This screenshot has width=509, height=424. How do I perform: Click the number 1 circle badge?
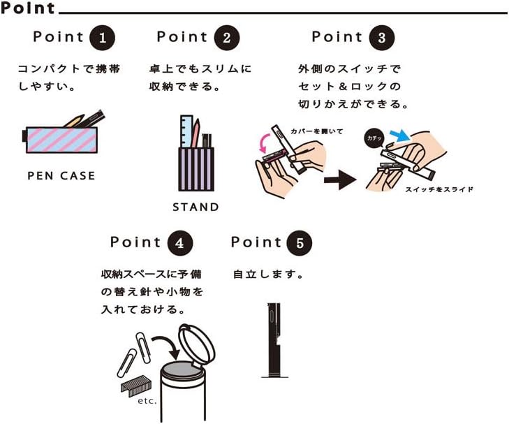102,38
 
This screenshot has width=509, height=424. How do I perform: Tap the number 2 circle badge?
227,38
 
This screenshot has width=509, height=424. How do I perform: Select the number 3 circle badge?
382,38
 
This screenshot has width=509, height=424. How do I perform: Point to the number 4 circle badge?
180,243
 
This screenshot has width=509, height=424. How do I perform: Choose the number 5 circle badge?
300,243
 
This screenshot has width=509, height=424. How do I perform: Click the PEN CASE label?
61,176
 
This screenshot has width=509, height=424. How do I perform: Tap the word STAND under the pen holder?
196,207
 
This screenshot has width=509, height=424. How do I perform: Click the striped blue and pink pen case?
60,140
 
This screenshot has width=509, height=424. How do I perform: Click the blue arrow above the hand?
399,135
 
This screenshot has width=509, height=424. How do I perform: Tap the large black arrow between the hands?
340,180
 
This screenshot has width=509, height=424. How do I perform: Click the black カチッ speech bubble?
375,139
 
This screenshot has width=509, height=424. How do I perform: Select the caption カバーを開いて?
317,131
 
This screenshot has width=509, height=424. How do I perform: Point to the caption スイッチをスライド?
439,189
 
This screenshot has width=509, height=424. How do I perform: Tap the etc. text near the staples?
147,401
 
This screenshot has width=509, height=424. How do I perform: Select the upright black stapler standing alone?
274,341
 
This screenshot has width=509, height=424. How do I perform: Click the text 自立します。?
268,275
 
